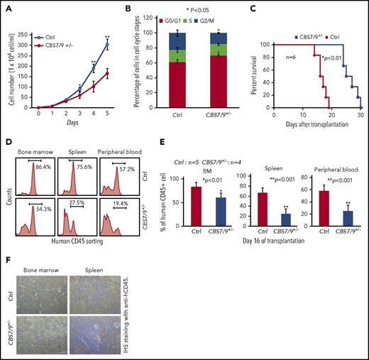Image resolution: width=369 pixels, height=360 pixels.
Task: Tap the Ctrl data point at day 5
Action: pyautogui.click(x=107, y=44)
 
